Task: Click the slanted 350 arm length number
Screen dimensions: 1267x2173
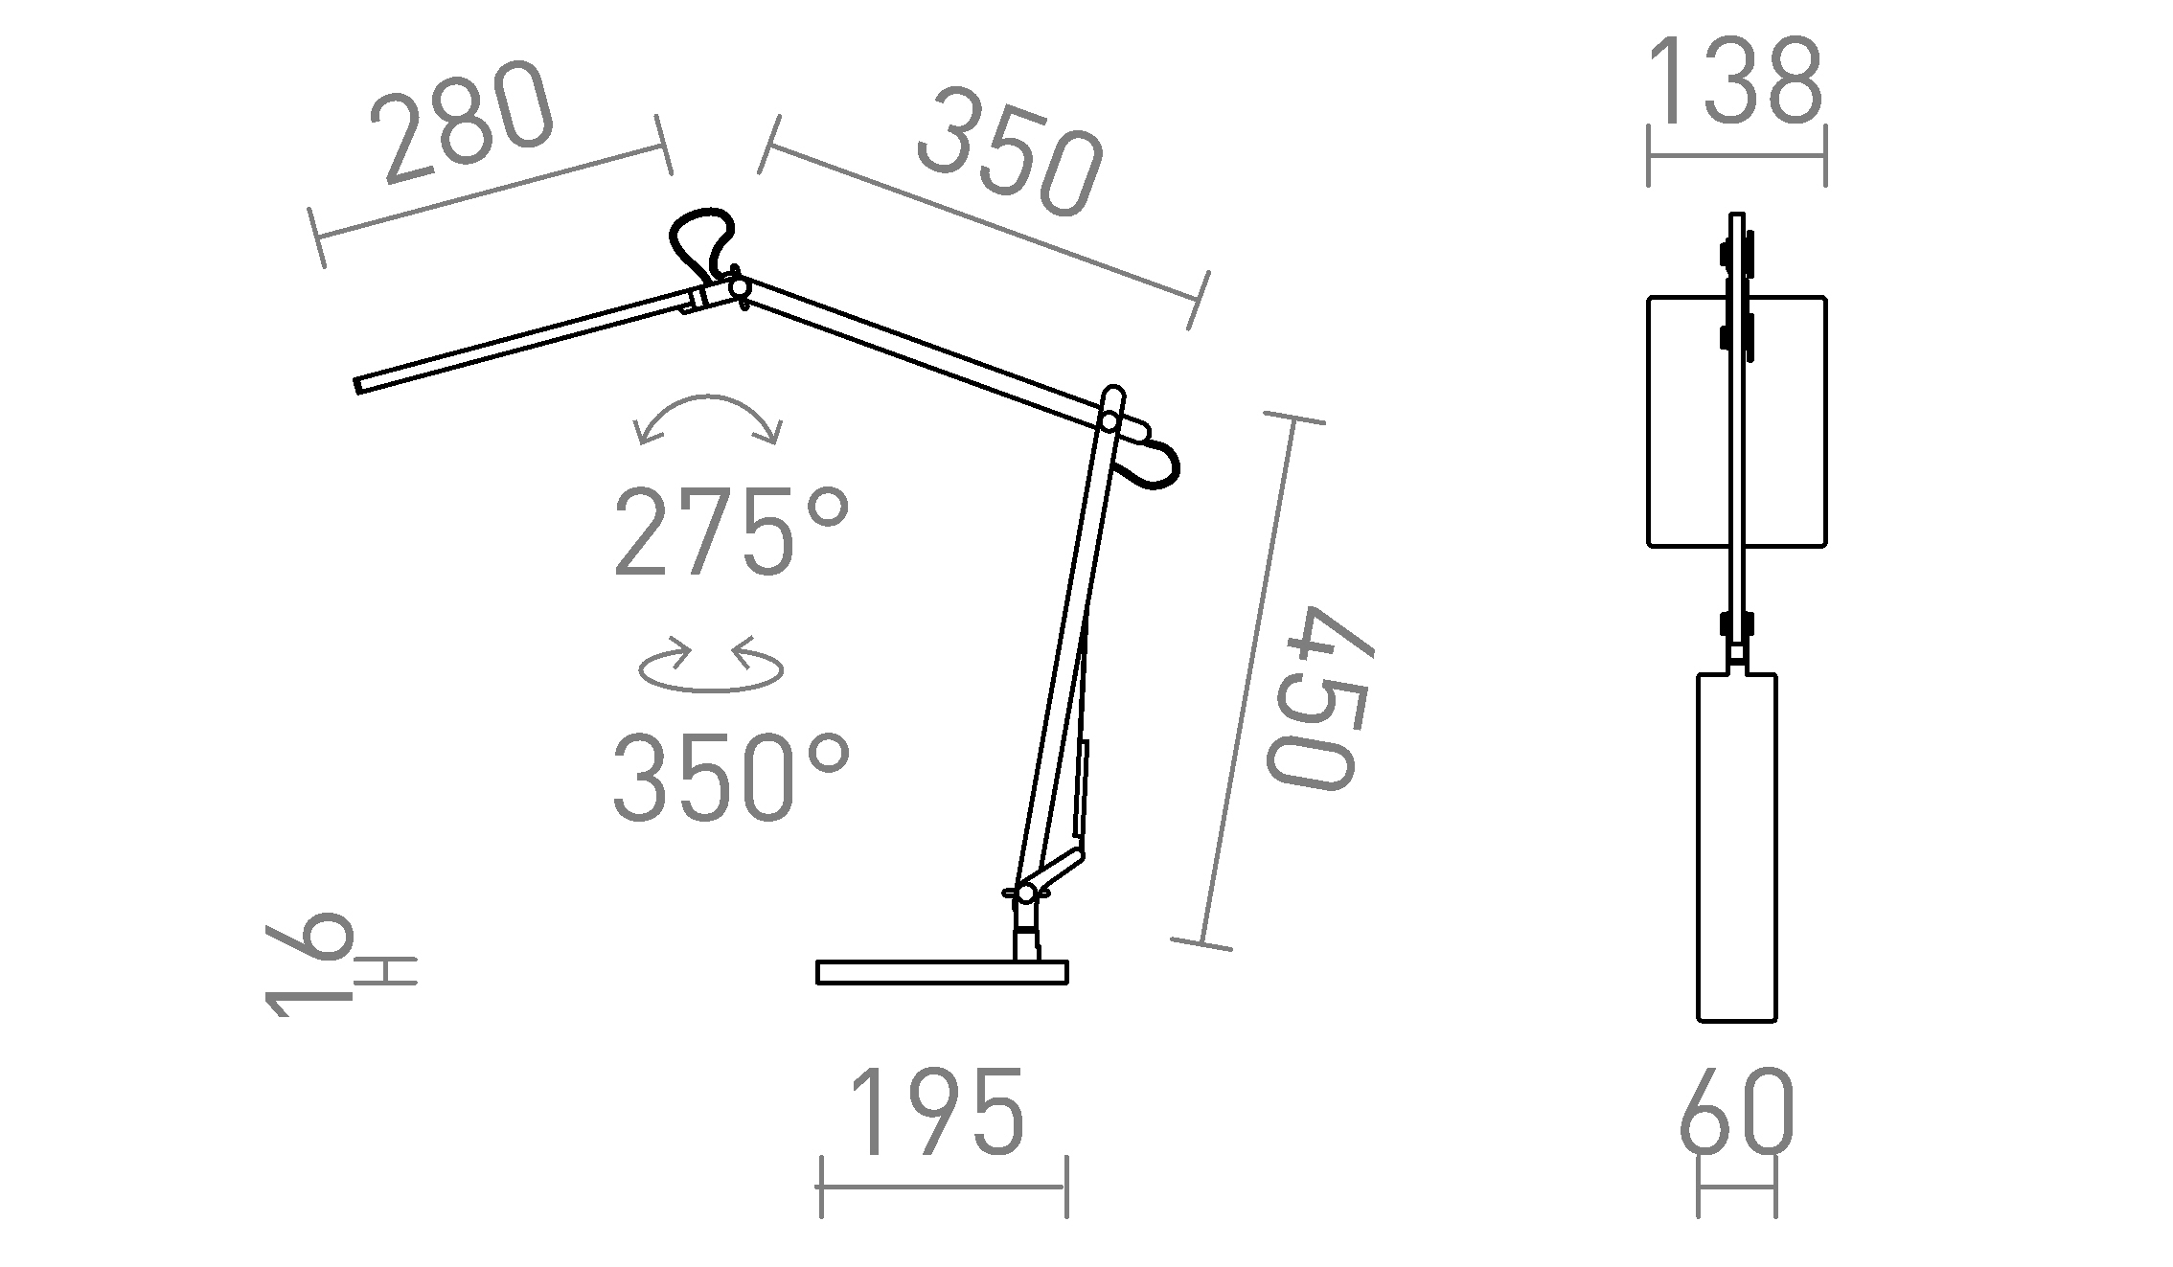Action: (1010, 153)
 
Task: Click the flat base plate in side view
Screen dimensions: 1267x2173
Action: (941, 973)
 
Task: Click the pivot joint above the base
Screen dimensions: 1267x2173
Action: (1026, 894)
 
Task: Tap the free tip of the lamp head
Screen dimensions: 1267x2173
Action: (360, 385)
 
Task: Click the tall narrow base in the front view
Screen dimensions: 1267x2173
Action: (1736, 847)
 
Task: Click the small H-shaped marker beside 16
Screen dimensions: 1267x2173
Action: (386, 971)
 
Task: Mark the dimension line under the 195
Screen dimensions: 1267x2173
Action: (943, 1188)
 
